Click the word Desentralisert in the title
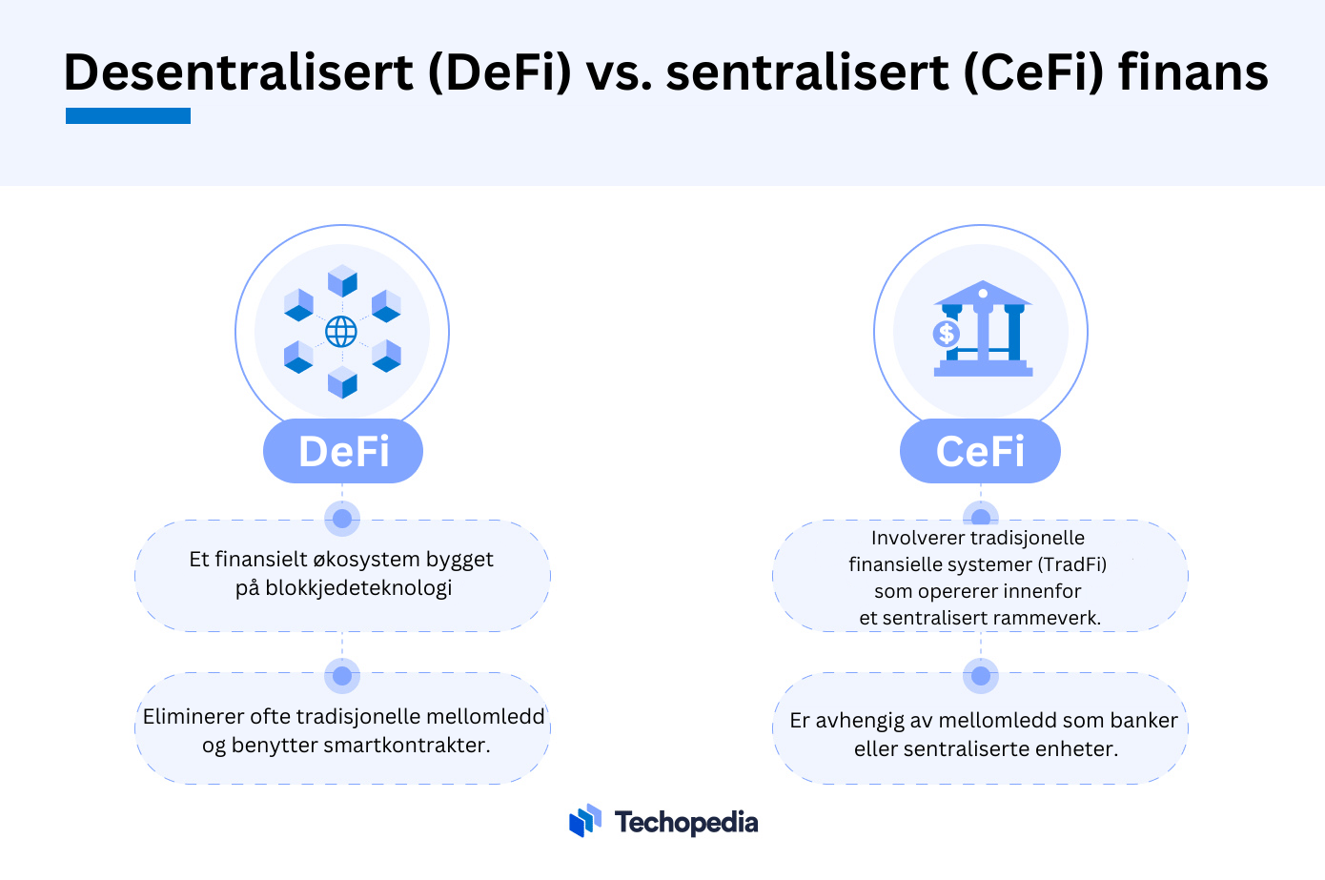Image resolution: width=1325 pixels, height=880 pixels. pyautogui.click(x=238, y=72)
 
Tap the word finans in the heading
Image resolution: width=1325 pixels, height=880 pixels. pyautogui.click(x=1193, y=72)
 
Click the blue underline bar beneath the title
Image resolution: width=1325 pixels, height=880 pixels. pyautogui.click(x=128, y=115)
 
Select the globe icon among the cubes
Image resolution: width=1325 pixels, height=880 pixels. pyautogui.click(x=341, y=332)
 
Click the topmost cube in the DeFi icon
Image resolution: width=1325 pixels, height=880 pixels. pyautogui.click(x=342, y=280)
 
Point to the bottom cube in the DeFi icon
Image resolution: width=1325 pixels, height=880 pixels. pyautogui.click(x=342, y=381)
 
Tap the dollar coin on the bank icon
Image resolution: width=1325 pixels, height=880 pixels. pyautogui.click(x=947, y=334)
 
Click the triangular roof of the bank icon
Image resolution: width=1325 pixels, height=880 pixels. pyautogui.click(x=983, y=293)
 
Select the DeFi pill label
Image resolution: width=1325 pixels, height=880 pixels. pyautogui.click(x=343, y=451)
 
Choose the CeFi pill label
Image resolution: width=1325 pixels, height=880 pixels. pyautogui.click(x=980, y=451)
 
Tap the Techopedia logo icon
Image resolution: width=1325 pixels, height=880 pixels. pyautogui.click(x=585, y=820)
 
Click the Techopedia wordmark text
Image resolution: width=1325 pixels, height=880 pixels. pyautogui.click(x=686, y=823)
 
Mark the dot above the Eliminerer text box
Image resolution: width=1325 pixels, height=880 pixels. pyautogui.click(x=342, y=675)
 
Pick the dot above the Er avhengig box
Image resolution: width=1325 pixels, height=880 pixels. pyautogui.click(x=980, y=675)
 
